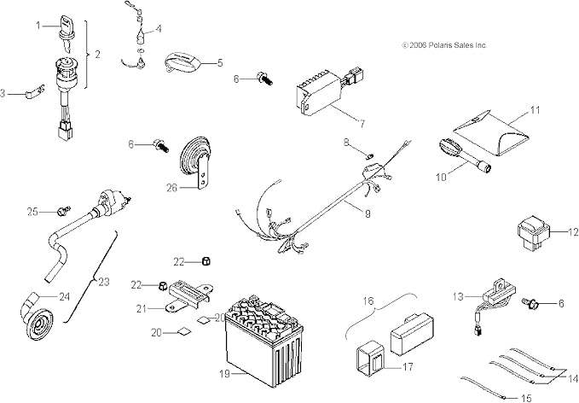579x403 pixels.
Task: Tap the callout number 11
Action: click(x=559, y=109)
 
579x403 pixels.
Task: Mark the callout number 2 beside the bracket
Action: click(x=96, y=55)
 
